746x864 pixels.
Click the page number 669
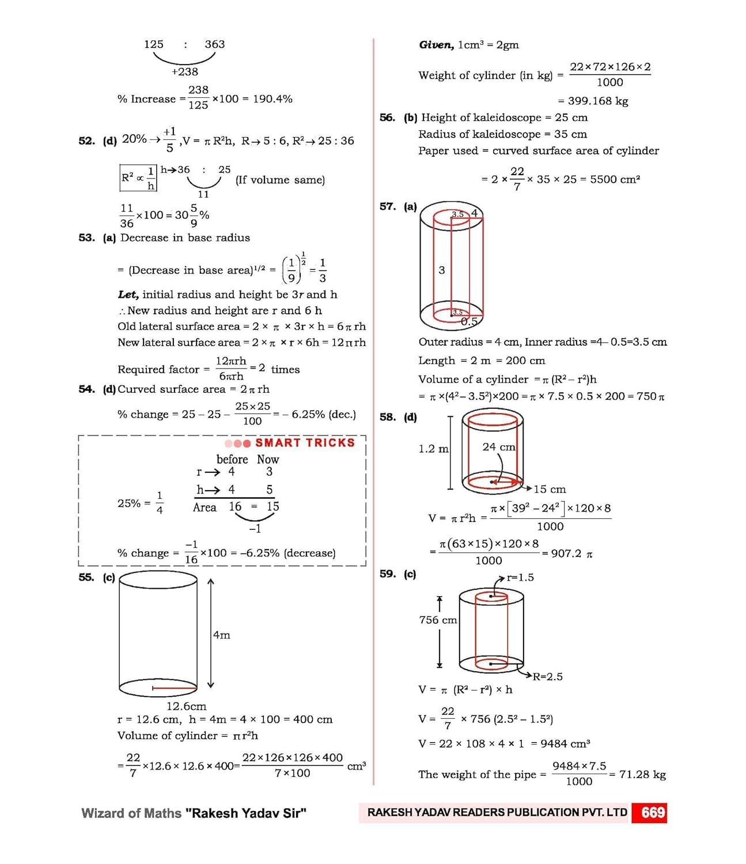point(653,812)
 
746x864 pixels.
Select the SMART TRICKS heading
point(305,442)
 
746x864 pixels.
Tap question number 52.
point(86,141)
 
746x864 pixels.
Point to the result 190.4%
point(272,98)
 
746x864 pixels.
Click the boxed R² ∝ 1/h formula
point(138,177)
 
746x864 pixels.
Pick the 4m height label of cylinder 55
point(222,635)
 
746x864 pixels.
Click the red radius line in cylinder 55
point(175,688)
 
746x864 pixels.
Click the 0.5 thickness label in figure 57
point(469,321)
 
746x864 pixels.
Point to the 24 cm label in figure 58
point(499,446)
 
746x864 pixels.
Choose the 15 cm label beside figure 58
point(550,489)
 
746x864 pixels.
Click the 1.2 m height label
point(433,449)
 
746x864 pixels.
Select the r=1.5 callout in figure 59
point(520,577)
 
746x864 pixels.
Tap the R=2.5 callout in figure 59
point(547,676)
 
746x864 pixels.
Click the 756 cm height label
point(438,620)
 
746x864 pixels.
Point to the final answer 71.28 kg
point(642,774)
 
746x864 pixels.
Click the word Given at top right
point(436,45)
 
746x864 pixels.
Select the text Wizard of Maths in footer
point(131,813)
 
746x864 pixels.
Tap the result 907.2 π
point(571,554)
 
